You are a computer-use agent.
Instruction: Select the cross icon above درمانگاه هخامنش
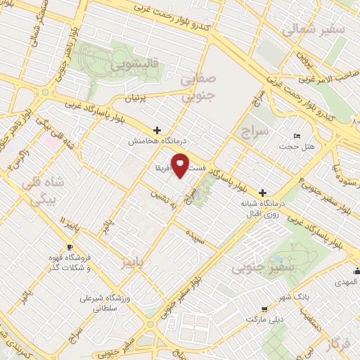coord(157,130)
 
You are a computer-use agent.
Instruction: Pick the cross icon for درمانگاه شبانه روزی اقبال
coord(263,192)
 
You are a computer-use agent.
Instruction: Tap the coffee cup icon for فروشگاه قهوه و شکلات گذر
coord(70,247)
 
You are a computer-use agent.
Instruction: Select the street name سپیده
coord(194,233)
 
